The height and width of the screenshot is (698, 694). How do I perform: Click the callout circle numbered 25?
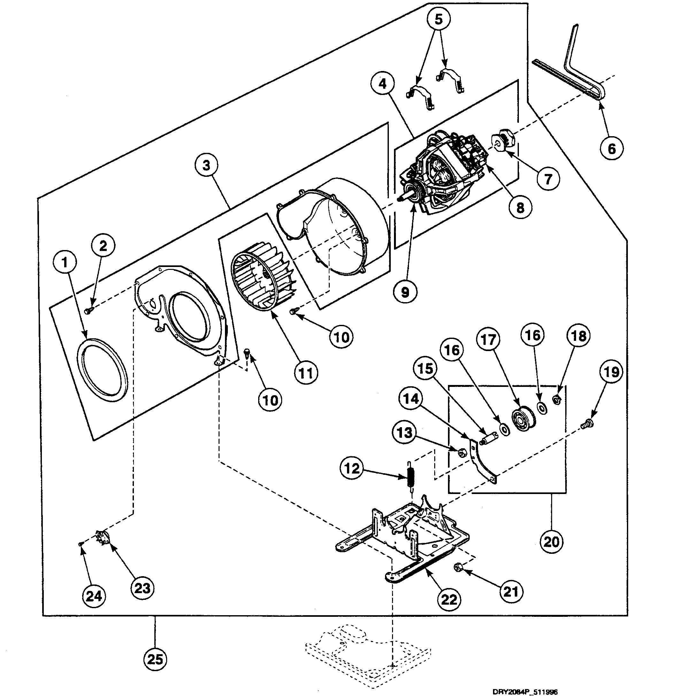[155, 659]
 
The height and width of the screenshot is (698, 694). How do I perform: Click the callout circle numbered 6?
[612, 148]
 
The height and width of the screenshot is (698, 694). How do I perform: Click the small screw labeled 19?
[588, 423]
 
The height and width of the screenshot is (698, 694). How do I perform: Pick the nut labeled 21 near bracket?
[457, 568]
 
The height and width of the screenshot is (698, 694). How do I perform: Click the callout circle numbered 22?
[449, 600]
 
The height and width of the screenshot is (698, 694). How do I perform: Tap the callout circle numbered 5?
[438, 19]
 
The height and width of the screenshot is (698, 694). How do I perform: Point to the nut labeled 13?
[461, 452]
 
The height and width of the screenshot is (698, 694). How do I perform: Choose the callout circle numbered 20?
[551, 542]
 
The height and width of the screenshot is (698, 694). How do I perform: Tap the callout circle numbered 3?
[206, 166]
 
